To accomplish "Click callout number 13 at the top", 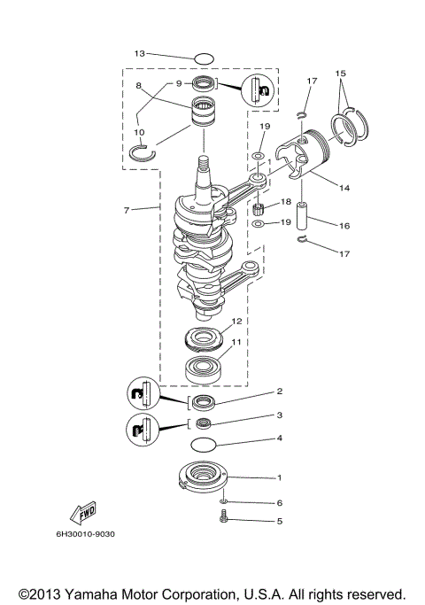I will tap(138, 54).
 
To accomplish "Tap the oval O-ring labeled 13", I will tap(204, 58).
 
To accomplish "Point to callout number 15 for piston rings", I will tap(342, 72).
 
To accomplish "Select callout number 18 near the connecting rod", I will tap(285, 202).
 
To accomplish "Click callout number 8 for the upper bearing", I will tap(139, 85).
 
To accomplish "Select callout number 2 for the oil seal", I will tap(279, 391).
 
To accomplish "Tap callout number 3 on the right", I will tap(279, 414).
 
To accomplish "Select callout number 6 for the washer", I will tap(279, 502).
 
